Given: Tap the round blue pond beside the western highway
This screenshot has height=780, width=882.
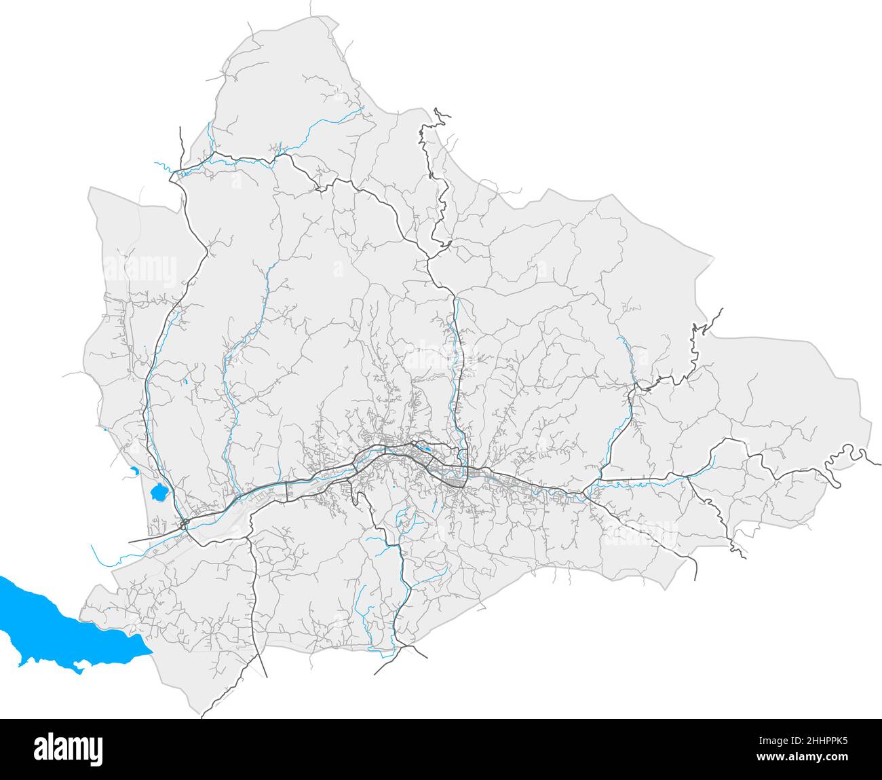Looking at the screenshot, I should [x=159, y=491].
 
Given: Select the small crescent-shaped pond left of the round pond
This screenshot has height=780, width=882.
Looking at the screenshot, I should [x=133, y=470].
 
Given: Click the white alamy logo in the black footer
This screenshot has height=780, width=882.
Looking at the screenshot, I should [x=68, y=749].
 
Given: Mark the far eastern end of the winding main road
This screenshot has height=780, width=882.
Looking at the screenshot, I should [x=880, y=464].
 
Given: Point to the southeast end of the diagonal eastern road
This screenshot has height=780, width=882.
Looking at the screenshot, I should [x=696, y=580].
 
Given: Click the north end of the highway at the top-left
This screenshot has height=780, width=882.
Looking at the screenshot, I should [x=180, y=128].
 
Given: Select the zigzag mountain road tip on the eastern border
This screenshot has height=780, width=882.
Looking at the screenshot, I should [x=721, y=310].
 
